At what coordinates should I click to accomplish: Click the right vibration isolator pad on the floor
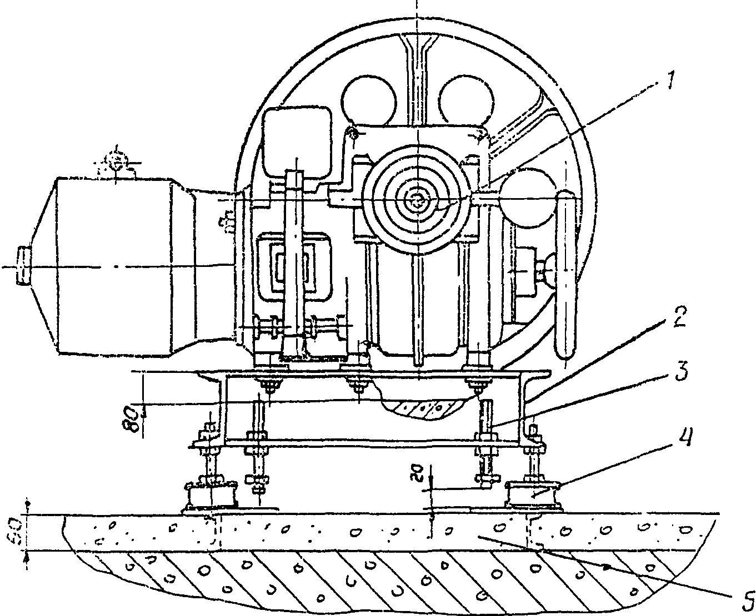[532, 495]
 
